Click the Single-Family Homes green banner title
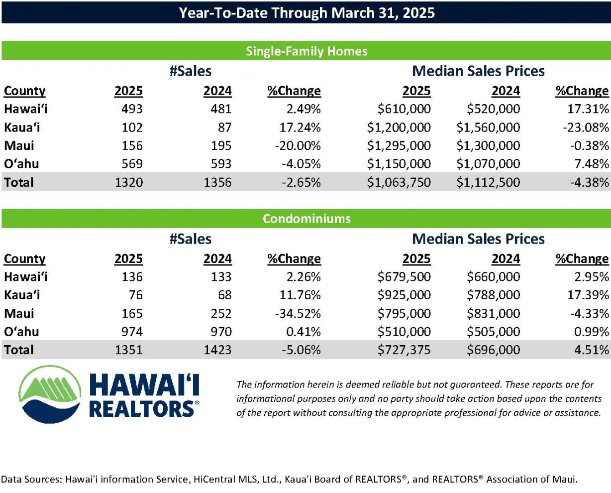pyautogui.click(x=306, y=51)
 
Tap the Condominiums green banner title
pyautogui.click(x=306, y=219)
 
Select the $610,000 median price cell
pyautogui.click(x=404, y=109)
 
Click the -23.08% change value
pyautogui.click(x=586, y=127)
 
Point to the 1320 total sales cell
pyautogui.click(x=128, y=182)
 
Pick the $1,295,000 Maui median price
pyautogui.click(x=399, y=145)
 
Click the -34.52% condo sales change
pyautogui.click(x=298, y=313)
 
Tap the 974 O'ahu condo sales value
pyautogui.click(x=132, y=332)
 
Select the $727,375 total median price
pyautogui.click(x=404, y=350)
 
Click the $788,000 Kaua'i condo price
pyautogui.click(x=494, y=295)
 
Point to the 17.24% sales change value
pyautogui.click(x=300, y=127)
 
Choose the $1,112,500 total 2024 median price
pyautogui.click(x=488, y=182)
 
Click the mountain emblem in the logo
pyautogui.click(x=50, y=394)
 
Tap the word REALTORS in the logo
pyautogui.click(x=142, y=409)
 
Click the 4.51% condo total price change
pyautogui.click(x=592, y=350)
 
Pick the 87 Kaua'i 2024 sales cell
pyautogui.click(x=225, y=127)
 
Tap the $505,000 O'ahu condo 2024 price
pyautogui.click(x=494, y=332)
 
